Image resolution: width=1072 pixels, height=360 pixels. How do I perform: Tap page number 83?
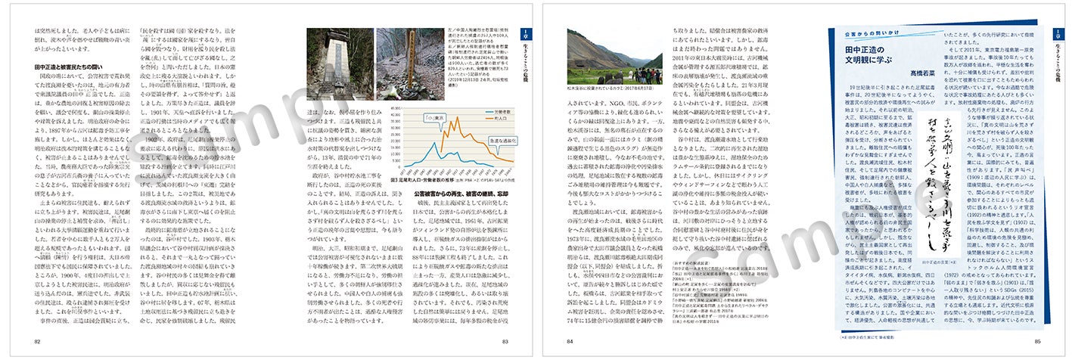pos(505,340)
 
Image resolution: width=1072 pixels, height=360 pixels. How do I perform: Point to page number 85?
pos(1037,340)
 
